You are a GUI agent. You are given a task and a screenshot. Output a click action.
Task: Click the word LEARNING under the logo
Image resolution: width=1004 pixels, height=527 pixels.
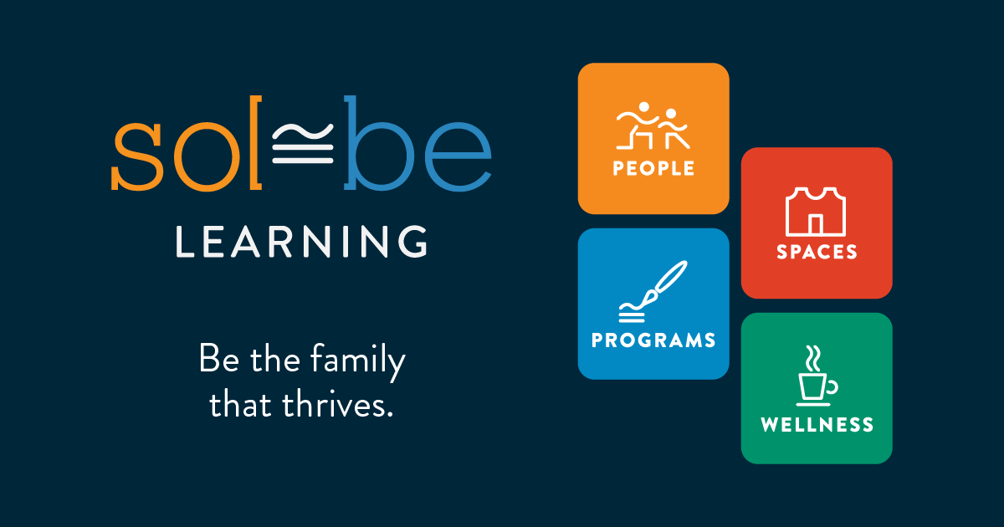point(302,241)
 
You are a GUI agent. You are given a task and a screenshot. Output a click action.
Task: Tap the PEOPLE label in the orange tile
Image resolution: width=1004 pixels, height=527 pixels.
point(653,168)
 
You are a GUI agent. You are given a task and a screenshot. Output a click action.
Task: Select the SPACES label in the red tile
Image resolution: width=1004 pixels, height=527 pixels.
point(817,252)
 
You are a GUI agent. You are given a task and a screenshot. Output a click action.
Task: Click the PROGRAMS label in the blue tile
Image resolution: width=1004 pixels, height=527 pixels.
point(653,340)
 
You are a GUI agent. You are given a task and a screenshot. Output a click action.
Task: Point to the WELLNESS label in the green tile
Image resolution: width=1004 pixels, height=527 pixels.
point(817,424)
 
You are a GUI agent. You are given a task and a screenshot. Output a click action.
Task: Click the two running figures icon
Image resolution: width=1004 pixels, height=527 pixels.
point(653,126)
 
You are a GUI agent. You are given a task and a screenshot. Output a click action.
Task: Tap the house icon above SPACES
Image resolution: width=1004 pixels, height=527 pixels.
point(816,212)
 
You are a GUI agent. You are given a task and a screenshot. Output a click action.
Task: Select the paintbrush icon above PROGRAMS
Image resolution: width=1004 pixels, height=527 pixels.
point(653,291)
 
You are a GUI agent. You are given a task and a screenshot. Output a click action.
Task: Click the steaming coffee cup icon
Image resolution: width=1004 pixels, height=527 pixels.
point(817,376)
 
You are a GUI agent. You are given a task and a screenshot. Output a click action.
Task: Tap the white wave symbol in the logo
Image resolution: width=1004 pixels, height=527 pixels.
point(303,143)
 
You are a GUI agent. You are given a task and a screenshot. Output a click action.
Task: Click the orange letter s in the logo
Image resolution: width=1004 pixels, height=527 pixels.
point(136,156)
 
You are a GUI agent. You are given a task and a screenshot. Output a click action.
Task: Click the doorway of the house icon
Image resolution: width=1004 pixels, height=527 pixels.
point(815,224)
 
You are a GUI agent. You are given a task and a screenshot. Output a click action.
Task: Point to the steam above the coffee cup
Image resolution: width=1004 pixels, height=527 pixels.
point(813,359)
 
